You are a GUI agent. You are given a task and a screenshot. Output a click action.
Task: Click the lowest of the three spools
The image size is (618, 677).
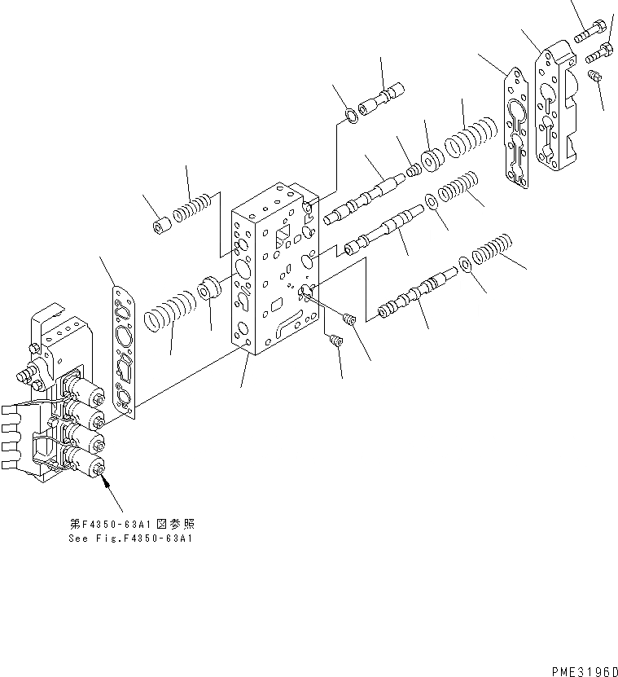point(415,294)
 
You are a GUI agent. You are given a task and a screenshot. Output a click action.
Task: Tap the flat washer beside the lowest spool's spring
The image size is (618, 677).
point(463,265)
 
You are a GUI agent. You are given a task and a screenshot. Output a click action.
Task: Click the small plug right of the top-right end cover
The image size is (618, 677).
point(595,77)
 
